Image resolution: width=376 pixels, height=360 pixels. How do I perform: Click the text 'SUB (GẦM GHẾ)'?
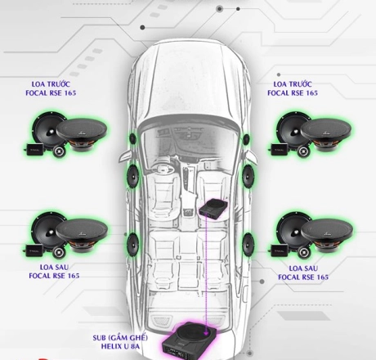click(120, 338)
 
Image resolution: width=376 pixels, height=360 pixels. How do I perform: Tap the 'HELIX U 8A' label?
click(120, 346)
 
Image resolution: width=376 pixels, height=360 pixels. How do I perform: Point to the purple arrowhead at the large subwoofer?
click(207, 333)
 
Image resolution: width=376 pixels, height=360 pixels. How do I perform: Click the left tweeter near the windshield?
click(132, 139)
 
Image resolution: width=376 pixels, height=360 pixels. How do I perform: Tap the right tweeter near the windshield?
click(246, 139)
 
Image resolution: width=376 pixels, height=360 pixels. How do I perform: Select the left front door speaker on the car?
click(133, 176)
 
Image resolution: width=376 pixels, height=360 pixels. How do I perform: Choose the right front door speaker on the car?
click(248, 176)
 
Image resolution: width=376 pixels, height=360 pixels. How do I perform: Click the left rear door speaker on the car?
click(133, 244)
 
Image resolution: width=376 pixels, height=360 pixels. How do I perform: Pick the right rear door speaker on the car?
click(248, 245)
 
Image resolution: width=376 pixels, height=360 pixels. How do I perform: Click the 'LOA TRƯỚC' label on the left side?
click(51, 84)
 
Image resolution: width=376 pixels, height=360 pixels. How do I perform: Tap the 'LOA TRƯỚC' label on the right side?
click(293, 84)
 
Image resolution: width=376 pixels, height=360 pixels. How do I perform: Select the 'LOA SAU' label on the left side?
click(54, 267)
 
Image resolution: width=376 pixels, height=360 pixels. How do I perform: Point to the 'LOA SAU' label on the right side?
click(303, 268)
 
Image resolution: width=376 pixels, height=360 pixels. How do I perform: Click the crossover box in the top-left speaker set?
click(34, 149)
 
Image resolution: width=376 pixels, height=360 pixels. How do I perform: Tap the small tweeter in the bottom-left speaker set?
click(59, 252)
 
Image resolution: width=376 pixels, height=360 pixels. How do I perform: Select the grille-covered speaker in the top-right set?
click(325, 132)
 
